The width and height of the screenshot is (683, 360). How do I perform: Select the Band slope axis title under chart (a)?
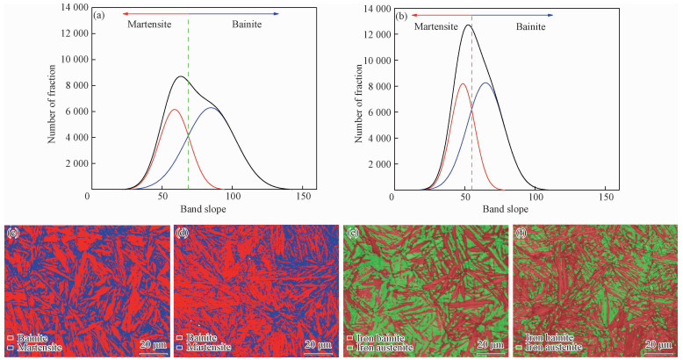[194, 210]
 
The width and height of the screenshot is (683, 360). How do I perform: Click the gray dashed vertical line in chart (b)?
[472, 105]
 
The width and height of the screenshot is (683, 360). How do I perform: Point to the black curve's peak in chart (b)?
[468, 25]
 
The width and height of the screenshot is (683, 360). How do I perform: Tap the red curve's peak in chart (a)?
[175, 110]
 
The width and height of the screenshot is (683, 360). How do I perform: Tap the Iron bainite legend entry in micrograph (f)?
[550, 338]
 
